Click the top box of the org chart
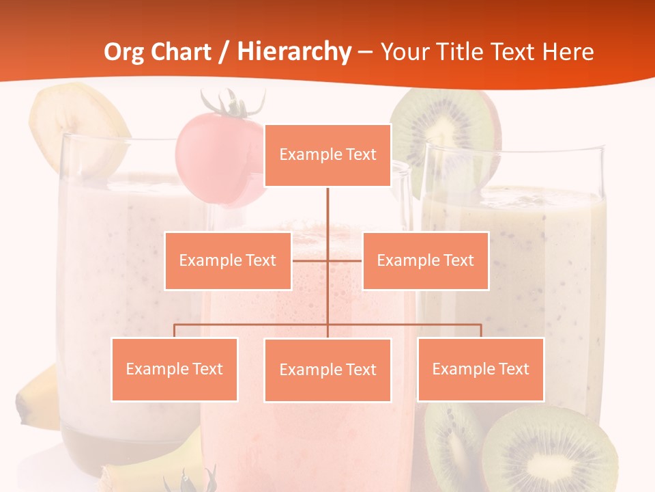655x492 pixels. tap(327, 155)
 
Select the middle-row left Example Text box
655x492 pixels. tap(228, 260)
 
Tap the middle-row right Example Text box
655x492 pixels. tap(425, 260)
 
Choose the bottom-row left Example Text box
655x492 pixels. tap(175, 369)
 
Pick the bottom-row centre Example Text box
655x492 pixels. tap(327, 370)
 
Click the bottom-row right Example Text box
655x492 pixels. tap(480, 369)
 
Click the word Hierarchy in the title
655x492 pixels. tap(293, 52)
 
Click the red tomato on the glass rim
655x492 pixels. tap(205, 150)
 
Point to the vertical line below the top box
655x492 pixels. tap(327, 212)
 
